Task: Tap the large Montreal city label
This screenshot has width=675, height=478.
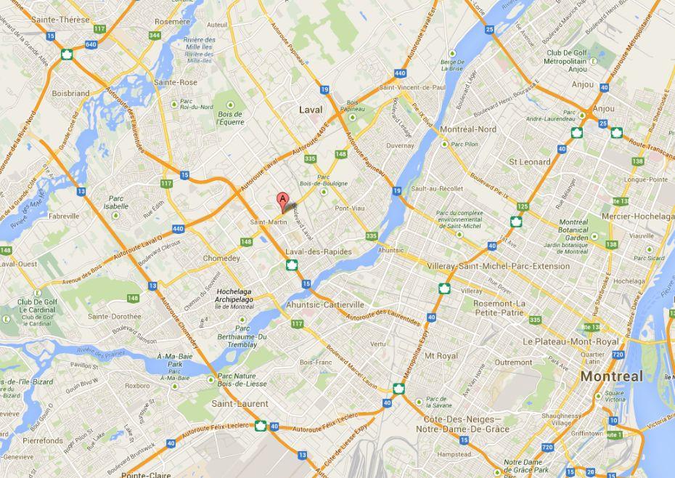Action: [611, 376]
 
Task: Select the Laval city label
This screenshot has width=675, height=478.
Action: [311, 109]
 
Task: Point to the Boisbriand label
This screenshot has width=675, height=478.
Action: [70, 93]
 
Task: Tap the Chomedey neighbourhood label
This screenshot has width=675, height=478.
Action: [221, 258]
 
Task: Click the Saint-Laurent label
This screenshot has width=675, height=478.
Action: [240, 403]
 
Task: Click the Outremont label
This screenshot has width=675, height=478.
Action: [513, 362]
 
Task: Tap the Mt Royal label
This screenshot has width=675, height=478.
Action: [441, 356]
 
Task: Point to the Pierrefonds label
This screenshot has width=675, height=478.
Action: [43, 440]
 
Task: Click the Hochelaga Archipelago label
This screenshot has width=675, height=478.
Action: [234, 295]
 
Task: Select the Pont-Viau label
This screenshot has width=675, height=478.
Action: [350, 208]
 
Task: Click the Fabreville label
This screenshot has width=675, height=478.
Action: [64, 216]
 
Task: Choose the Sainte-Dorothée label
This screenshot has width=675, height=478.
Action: [115, 316]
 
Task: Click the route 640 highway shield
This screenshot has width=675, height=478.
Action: [90, 44]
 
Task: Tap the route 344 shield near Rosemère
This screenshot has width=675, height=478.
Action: [155, 35]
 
